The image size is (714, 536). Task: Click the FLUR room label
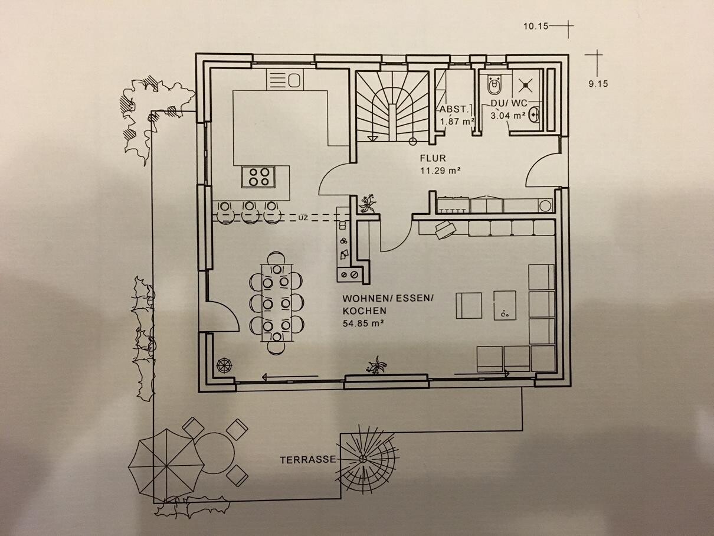[433, 158]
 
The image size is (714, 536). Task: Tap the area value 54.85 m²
[363, 323]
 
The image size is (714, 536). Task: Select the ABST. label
[455, 109]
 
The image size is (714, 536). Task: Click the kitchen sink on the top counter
[286, 78]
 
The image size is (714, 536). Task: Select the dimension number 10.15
[536, 26]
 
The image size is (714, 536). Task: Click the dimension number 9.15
[598, 84]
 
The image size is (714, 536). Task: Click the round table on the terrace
[214, 453]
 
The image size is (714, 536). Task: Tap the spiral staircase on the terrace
[364, 460]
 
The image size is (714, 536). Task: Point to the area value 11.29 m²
[440, 171]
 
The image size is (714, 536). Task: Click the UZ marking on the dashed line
[303, 217]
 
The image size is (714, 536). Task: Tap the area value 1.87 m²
[457, 122]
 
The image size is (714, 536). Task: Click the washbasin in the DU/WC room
[536, 114]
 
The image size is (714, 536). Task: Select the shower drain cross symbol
[525, 85]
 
